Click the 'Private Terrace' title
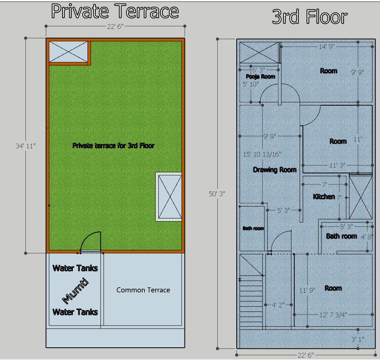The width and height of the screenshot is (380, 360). [x=115, y=11]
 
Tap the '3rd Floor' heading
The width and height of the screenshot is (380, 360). [x=310, y=17]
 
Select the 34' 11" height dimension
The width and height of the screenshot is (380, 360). [x=26, y=146]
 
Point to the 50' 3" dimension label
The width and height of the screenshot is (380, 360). [x=217, y=194]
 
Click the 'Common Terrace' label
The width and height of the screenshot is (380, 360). [x=143, y=290]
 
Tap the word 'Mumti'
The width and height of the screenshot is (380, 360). [x=75, y=291]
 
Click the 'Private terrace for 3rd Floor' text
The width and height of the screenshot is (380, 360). [x=114, y=146]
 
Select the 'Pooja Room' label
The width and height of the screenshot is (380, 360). [x=260, y=77]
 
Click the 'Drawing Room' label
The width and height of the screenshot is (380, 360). [x=275, y=170]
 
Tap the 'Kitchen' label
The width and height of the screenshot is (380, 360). [x=324, y=197]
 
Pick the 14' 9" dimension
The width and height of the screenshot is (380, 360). [x=327, y=47]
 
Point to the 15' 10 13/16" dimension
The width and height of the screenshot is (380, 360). [x=262, y=154]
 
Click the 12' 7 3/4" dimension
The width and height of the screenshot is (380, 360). [x=333, y=315]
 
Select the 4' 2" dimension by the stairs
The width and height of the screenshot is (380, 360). [x=278, y=305]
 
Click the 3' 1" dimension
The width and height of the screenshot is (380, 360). [x=358, y=339]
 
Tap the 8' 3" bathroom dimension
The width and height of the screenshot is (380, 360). [x=347, y=227]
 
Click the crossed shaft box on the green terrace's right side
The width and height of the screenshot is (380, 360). [x=170, y=197]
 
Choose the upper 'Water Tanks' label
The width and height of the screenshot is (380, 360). [x=75, y=268]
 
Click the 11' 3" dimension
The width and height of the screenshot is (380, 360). [x=337, y=165]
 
